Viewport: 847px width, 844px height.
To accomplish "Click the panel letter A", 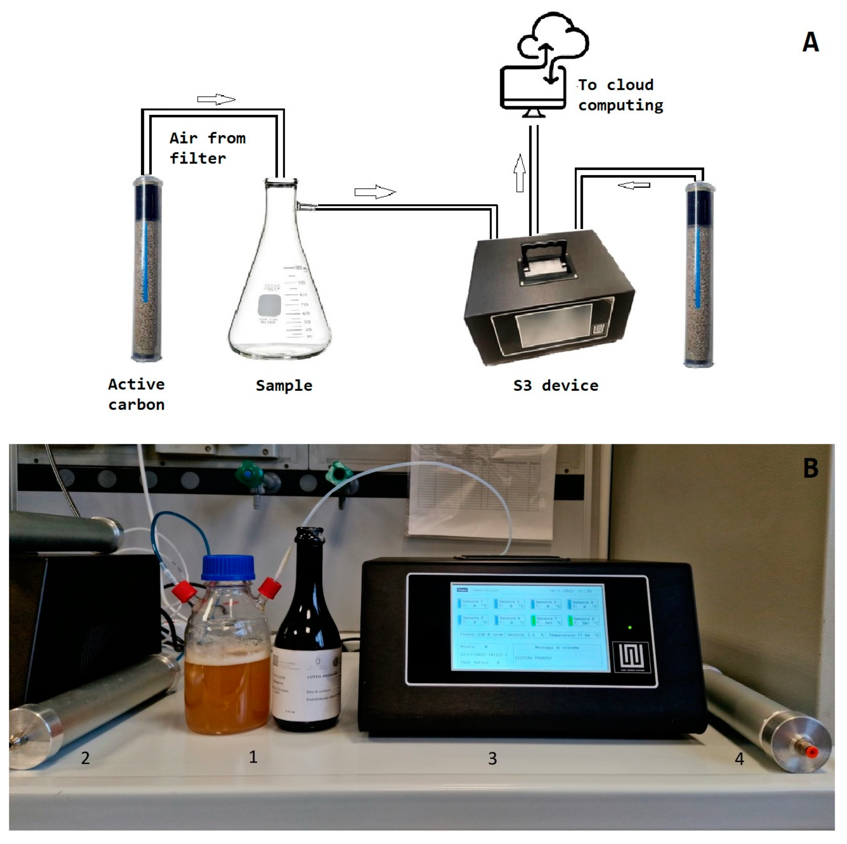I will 810,42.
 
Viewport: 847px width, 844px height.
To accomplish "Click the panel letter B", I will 810,468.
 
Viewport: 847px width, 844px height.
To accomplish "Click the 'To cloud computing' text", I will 620,95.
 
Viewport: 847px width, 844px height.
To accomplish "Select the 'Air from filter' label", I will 207,148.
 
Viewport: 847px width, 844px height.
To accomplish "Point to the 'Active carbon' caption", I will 136,394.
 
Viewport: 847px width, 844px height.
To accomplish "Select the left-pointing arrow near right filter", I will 634,186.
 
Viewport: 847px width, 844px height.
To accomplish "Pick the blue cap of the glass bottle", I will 228,568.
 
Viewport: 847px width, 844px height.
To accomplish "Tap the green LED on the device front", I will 630,628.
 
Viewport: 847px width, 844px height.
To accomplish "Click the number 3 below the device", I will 492,759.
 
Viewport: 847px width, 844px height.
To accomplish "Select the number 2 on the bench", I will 85,758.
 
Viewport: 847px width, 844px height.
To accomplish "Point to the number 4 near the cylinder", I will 739,759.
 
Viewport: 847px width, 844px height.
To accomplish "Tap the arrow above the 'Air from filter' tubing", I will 216,100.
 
